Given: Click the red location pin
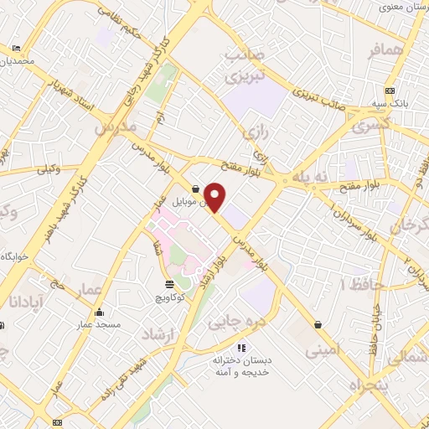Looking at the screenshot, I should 215,197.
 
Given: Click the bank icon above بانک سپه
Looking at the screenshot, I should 389,90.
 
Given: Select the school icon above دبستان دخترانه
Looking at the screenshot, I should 242,347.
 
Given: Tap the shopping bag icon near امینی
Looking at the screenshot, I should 318,323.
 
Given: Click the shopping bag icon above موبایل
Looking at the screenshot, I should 195,189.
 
